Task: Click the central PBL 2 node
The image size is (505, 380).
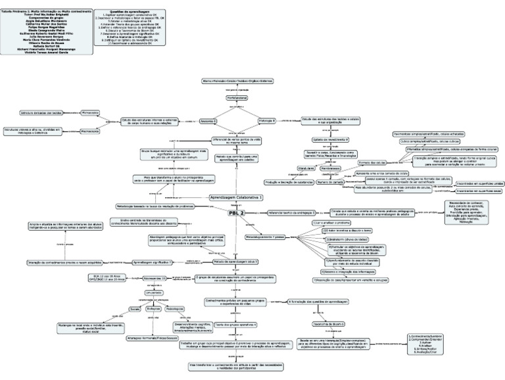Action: [x=237, y=212]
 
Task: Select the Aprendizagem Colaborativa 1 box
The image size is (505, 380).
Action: [x=235, y=197]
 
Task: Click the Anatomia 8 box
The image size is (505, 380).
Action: [x=209, y=120]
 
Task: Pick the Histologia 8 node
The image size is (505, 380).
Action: [x=266, y=120]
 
